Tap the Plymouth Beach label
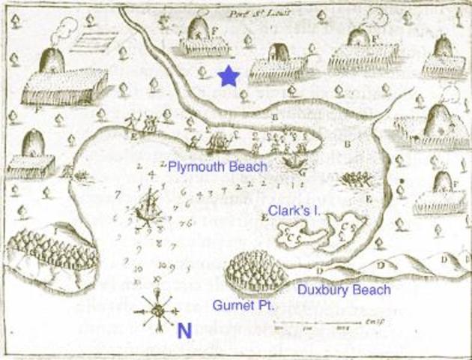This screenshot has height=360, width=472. (217, 166)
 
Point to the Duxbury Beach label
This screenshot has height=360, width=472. (343, 289)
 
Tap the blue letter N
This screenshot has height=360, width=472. (184, 329)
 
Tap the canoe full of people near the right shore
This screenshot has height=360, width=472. (357, 181)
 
